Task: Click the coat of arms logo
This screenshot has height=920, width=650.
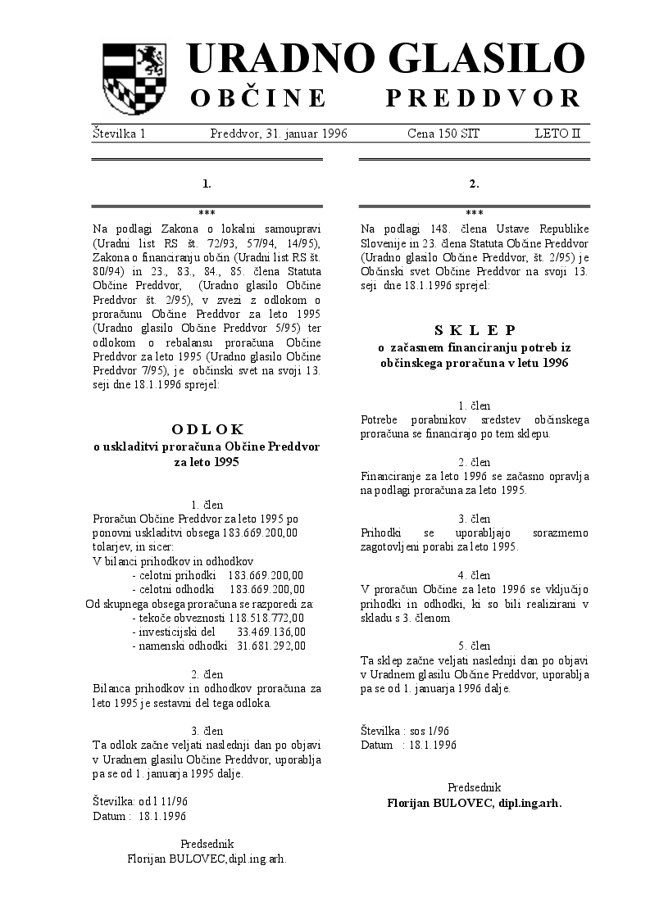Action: (133, 79)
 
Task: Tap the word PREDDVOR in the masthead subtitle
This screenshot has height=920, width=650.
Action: (484, 99)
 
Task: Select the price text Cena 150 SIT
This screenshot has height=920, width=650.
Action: (443, 134)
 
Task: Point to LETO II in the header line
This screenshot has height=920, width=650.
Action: (557, 134)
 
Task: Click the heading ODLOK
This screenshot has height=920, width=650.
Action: (207, 428)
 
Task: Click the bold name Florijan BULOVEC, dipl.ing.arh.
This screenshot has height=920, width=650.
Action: (475, 803)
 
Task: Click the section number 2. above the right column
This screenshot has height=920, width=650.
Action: (475, 184)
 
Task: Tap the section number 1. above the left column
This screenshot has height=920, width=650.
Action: (207, 184)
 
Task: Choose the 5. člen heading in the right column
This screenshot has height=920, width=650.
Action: (475, 646)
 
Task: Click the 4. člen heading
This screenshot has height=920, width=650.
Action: (475, 575)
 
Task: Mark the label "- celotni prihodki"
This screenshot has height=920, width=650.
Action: (173, 575)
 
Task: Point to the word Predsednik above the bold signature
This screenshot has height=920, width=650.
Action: (475, 787)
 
